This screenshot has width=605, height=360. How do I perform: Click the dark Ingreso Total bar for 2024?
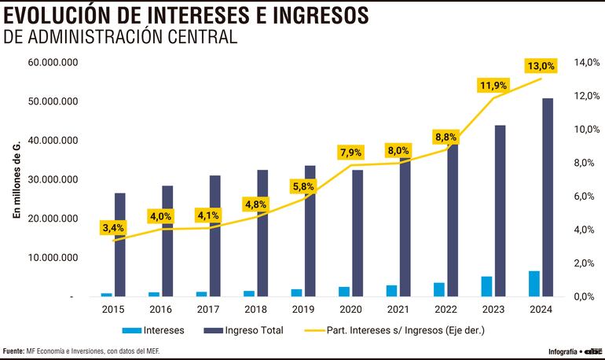click(547, 197)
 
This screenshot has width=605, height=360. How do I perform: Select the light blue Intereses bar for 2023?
click(487, 286)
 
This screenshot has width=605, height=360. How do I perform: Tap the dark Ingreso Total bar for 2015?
click(120, 244)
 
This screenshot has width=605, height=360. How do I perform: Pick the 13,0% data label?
click(541, 66)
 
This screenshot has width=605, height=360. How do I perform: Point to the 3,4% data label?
click(113, 228)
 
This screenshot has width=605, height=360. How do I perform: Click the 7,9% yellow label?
click(350, 152)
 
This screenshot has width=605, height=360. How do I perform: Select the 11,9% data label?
click(493, 85)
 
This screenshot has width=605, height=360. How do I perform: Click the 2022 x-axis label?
click(445, 309)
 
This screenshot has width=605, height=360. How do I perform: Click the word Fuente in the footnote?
click(13, 351)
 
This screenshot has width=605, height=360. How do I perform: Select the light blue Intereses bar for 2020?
click(344, 292)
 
